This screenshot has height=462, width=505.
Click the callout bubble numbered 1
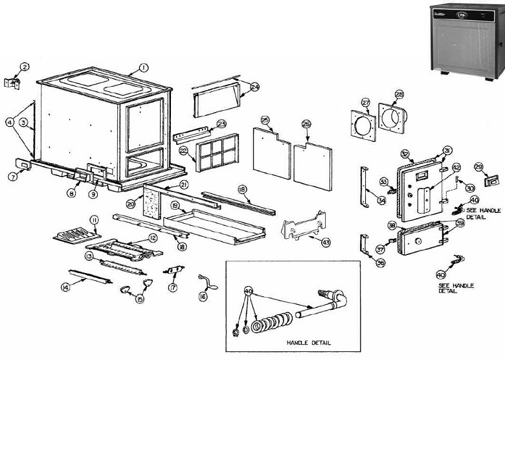pos(144,67)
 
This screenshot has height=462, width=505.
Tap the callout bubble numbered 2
pos(25,67)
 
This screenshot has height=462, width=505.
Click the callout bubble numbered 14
pos(65,288)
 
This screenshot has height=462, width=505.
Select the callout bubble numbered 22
pos(183,150)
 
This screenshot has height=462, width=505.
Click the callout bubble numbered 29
pos(478,166)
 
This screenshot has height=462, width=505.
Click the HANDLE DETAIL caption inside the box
pos(308,343)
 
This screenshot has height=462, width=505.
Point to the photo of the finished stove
pos(466,38)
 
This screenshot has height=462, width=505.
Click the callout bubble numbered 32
pos(405,154)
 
